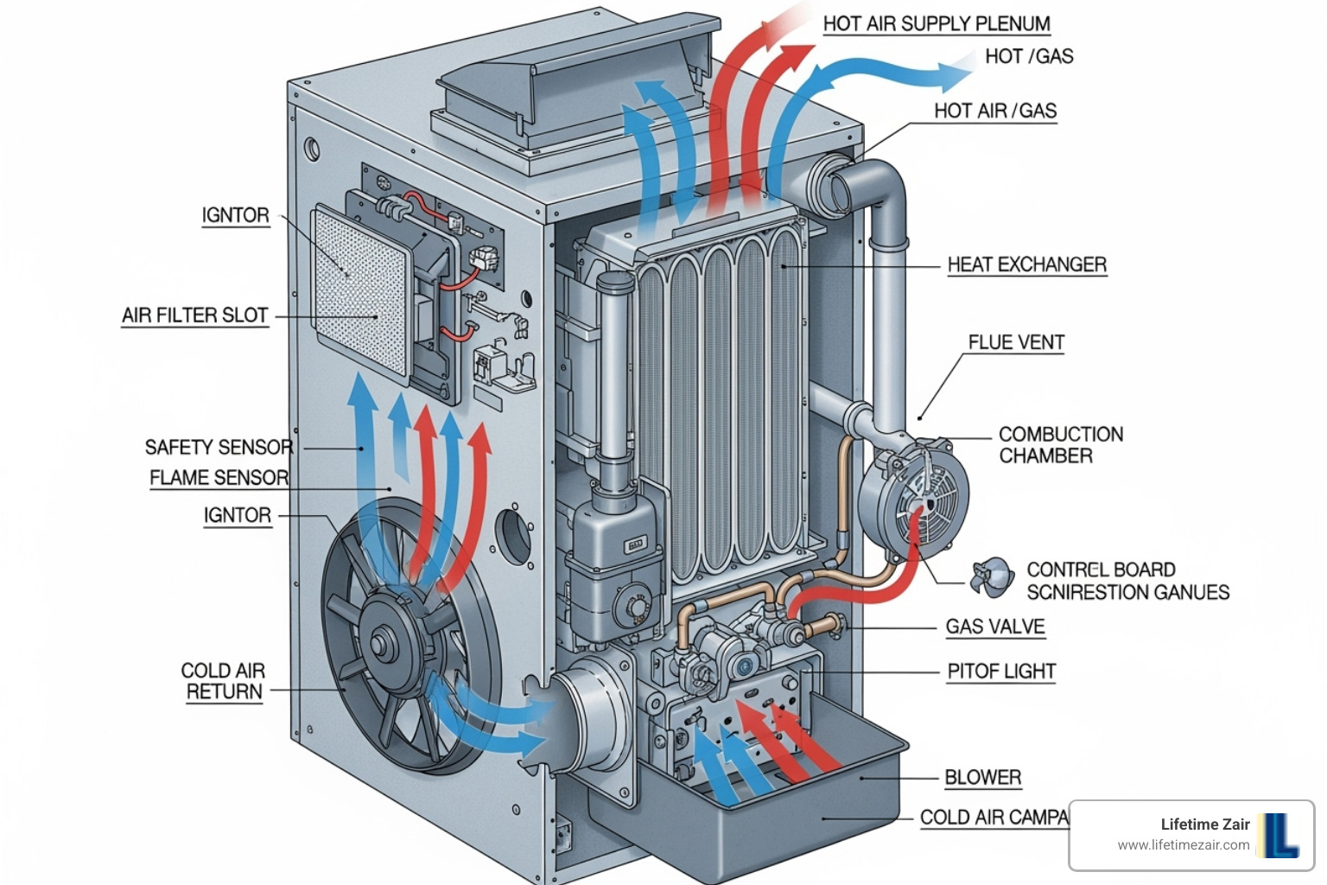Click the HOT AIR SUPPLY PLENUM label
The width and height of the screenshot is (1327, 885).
937,24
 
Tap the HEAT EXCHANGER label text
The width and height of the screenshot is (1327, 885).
1026,264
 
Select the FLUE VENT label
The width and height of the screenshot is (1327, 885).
1015,342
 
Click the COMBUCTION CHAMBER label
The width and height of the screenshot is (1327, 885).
1060,445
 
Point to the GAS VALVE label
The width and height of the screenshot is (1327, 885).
994,627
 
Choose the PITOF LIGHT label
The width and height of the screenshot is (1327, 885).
1000,672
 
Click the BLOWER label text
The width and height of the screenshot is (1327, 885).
982,777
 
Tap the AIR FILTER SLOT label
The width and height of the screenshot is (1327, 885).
194,315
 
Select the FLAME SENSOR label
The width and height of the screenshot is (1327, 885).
219,478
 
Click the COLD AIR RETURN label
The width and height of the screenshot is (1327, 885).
223,681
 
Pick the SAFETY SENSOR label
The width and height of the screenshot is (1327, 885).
219,447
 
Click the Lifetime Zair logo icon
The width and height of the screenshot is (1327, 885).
1279,835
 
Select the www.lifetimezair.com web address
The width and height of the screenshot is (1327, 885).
1183,845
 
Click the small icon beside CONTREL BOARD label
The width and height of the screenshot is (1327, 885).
992,576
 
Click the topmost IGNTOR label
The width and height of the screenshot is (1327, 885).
235,215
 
